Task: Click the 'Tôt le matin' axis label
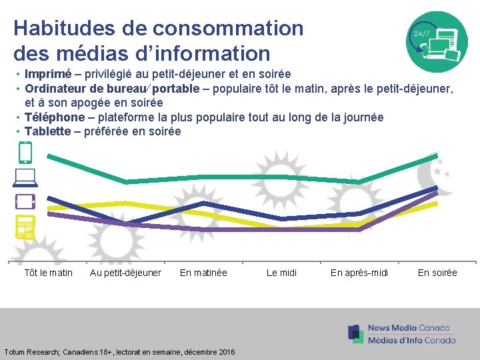coord(48,273)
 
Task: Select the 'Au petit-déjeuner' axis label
coord(125,273)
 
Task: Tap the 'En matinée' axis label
coord(203,273)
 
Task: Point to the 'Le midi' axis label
coord(281,273)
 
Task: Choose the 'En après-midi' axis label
coord(359,273)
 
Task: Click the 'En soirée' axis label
coord(437,273)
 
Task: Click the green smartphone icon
coord(25,153)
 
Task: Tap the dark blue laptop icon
coord(24,177)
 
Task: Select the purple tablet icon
coord(25,201)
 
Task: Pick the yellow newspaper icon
coord(25,227)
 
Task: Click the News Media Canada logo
coord(402,333)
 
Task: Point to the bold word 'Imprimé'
coord(47,73)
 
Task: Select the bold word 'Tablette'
coord(48,131)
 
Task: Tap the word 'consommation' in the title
coord(227,28)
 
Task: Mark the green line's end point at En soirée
coord(437,156)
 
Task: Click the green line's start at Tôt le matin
coord(48,155)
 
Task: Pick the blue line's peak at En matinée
coord(203,203)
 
